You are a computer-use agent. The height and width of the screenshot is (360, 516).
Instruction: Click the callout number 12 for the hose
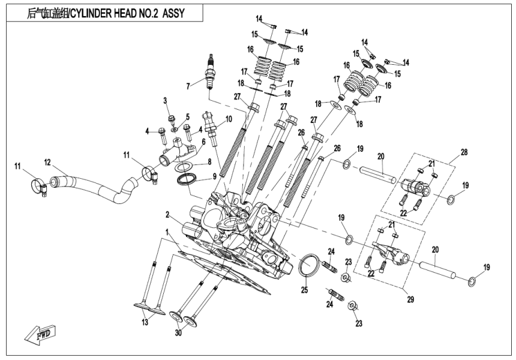47,162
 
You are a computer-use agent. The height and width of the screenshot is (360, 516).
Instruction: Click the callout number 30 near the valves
178,333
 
